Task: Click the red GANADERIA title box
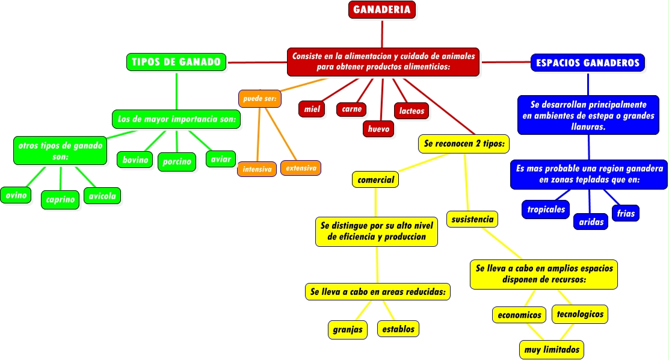(382, 10)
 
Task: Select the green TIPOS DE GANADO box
(176, 62)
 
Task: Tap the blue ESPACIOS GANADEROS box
(588, 63)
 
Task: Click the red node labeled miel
(312, 109)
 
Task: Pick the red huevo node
(379, 129)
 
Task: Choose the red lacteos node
(412, 111)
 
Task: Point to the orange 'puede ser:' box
(259, 98)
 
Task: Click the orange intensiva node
(257, 170)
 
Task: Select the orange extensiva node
(301, 168)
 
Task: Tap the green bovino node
(135, 160)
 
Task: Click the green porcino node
(177, 161)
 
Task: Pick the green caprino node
(60, 199)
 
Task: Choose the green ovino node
(16, 195)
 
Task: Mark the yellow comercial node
(375, 179)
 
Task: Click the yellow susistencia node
(472, 219)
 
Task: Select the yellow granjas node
(348, 329)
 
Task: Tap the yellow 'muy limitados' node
(552, 349)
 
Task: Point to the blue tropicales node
(546, 209)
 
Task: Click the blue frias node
(626, 213)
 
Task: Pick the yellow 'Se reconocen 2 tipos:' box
(464, 144)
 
